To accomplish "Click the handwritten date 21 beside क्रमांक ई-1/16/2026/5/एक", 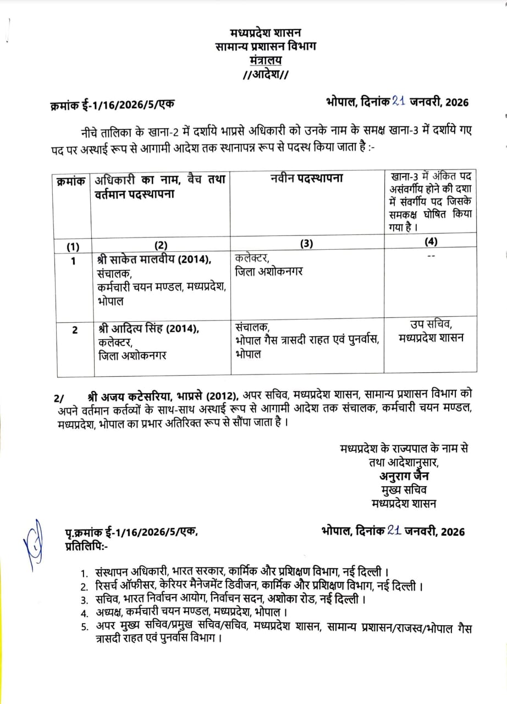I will (399, 101).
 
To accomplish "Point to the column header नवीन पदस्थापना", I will (307, 179).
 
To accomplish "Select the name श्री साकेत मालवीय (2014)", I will (153, 260).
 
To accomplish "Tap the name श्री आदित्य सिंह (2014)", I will (147, 329).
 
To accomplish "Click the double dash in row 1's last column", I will (431, 257).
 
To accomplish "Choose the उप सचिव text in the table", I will (431, 324).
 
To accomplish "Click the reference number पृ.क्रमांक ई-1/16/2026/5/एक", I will (130, 532).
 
